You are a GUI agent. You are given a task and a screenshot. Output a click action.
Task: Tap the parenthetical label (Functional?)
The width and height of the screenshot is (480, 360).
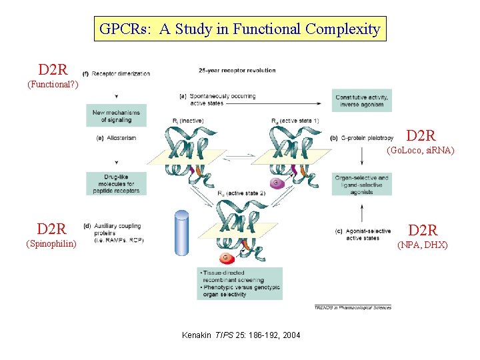[x=53, y=85]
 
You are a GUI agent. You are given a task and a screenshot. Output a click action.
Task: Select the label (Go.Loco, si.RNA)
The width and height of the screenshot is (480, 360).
[x=421, y=151]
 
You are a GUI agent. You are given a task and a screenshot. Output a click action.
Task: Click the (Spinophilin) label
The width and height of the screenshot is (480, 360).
[x=51, y=244]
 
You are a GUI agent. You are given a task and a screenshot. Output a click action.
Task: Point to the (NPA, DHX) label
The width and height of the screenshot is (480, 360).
[x=423, y=245]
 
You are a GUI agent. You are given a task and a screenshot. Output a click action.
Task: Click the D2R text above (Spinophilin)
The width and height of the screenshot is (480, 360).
[x=52, y=230]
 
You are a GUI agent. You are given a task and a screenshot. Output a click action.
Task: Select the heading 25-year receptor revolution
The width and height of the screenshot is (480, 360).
[x=237, y=71]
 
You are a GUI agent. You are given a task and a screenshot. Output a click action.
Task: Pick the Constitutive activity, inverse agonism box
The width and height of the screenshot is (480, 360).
[x=362, y=101]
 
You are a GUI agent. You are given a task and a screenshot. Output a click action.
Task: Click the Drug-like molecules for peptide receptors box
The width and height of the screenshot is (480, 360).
[x=116, y=183]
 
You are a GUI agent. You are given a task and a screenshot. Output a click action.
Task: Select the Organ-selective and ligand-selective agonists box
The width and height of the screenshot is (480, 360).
[x=362, y=184]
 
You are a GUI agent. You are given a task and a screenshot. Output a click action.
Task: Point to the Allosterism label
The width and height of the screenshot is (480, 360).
[x=120, y=139]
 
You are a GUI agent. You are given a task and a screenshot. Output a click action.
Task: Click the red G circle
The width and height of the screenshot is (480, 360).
[x=225, y=257]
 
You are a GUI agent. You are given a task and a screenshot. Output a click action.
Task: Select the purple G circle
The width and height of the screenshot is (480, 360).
[x=275, y=182]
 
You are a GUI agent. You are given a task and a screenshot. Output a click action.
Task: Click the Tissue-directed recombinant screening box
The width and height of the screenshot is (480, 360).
[x=239, y=283]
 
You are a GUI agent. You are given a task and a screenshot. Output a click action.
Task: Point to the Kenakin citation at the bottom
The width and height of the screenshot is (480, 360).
[x=241, y=334]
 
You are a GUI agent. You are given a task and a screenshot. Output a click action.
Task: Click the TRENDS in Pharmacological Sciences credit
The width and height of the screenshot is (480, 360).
[x=352, y=307]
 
